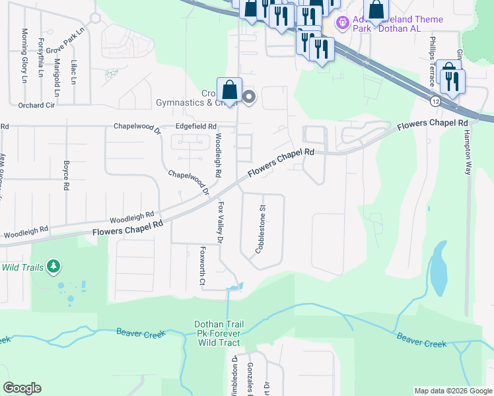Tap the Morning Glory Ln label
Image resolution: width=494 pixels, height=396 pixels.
click(x=24, y=55)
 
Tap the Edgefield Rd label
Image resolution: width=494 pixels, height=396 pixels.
click(x=195, y=126)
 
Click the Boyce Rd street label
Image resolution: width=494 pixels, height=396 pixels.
click(x=66, y=175)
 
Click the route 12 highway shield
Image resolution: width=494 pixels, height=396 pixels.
click(x=435, y=101)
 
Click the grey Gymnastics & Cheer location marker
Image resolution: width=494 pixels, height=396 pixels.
click(x=249, y=98)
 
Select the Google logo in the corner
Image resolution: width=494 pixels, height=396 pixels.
click(x=22, y=388)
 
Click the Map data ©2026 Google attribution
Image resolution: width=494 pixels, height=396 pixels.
click(x=452, y=391)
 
